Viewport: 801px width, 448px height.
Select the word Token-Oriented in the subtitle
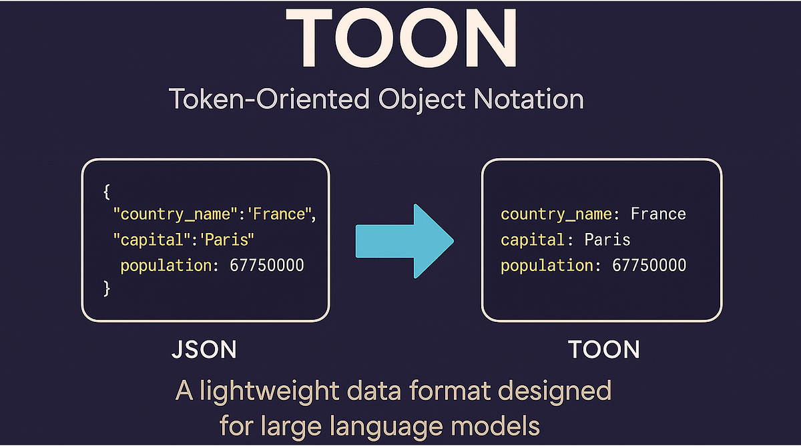click(x=268, y=99)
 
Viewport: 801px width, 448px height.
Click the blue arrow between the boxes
click(x=405, y=240)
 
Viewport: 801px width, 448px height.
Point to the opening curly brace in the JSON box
click(x=106, y=192)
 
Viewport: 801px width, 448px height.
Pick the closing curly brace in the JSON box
click(x=106, y=288)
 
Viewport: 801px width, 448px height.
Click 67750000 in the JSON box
click(x=267, y=265)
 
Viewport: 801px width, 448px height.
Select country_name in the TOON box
click(x=555, y=214)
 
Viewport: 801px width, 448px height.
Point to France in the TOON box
click(x=658, y=214)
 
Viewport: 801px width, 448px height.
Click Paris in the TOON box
click(x=607, y=240)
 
